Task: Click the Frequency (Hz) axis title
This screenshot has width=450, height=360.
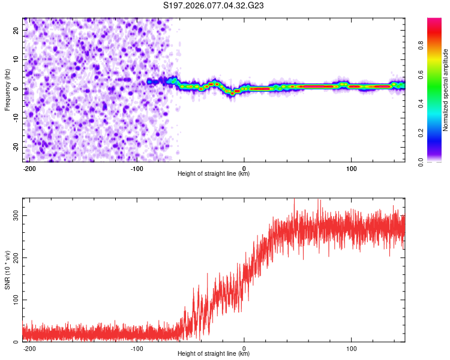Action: (8, 89)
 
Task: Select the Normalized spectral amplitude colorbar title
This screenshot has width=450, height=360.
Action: (446, 90)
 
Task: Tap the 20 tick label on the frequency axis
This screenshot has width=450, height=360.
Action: (16, 30)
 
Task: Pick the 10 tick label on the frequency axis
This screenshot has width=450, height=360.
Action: (16, 59)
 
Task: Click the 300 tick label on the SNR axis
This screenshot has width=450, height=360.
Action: (13, 215)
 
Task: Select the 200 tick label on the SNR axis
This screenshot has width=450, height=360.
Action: (13, 257)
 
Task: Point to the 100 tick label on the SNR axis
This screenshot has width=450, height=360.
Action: (13, 299)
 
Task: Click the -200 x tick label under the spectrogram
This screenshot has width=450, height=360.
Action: (29, 168)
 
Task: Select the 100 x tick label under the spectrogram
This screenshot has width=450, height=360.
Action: (350, 168)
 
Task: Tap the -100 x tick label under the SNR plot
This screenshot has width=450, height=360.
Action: (136, 348)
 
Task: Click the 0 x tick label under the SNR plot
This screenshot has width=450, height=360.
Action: (244, 348)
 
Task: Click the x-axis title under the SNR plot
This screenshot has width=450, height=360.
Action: (214, 354)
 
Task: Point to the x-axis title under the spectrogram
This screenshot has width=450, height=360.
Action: (214, 174)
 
